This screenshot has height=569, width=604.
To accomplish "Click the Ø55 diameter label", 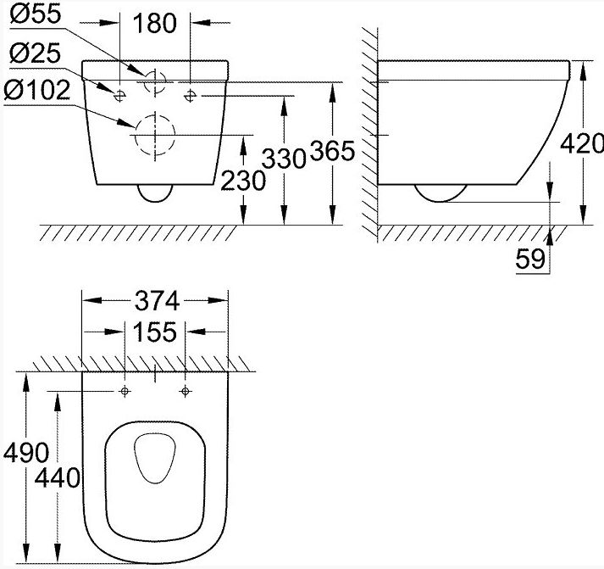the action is [x=36, y=14].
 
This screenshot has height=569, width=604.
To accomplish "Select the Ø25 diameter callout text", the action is [x=35, y=53].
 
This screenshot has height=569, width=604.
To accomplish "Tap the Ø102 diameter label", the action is [x=37, y=90].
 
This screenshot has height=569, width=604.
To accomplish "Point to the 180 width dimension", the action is [x=155, y=23].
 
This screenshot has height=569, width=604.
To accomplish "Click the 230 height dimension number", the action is [x=243, y=181].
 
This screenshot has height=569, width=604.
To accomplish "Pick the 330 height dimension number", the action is [x=284, y=159].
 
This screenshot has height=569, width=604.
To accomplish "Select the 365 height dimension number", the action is [x=332, y=151].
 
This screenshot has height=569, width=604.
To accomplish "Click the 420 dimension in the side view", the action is [x=582, y=143].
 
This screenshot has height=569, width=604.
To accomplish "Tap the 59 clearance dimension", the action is [x=530, y=259].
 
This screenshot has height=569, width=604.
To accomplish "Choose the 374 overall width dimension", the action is [x=158, y=301].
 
